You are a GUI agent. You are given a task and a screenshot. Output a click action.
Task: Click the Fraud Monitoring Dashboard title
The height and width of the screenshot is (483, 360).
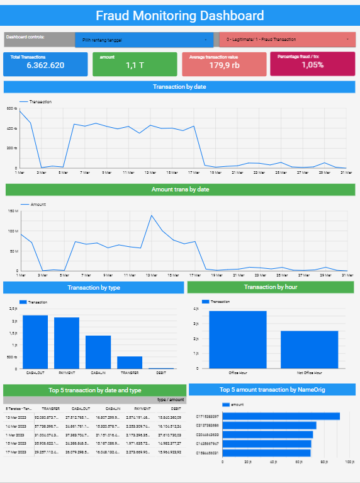click(x=179, y=15)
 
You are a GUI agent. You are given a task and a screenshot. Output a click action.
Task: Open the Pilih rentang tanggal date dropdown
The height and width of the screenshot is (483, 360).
click(x=143, y=40)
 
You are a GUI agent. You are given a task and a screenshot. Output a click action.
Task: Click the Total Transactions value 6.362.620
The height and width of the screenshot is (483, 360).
click(x=45, y=65)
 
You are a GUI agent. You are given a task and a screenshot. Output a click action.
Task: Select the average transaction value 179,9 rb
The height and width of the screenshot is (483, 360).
click(x=224, y=65)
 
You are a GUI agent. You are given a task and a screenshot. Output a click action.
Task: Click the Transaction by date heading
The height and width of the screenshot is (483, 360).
click(x=179, y=87)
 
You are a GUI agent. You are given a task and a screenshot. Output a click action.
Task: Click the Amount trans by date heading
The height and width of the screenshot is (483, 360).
click(x=180, y=189)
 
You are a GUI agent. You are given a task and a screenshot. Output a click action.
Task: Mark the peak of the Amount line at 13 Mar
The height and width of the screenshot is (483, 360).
click(x=151, y=215)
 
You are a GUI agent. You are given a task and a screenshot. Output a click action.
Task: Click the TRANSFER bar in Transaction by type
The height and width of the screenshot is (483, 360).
click(x=130, y=362)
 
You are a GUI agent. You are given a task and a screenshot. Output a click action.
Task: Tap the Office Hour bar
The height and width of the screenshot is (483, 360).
click(x=238, y=339)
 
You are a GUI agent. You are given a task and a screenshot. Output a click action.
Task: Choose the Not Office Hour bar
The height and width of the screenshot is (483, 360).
click(x=309, y=349)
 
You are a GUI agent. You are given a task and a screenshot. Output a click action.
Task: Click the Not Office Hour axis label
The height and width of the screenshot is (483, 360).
click(x=309, y=373)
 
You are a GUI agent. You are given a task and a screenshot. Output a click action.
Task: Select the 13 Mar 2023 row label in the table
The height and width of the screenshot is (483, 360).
click(x=16, y=417)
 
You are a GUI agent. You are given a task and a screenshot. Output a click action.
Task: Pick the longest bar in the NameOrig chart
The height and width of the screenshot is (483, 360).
click(x=281, y=416)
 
